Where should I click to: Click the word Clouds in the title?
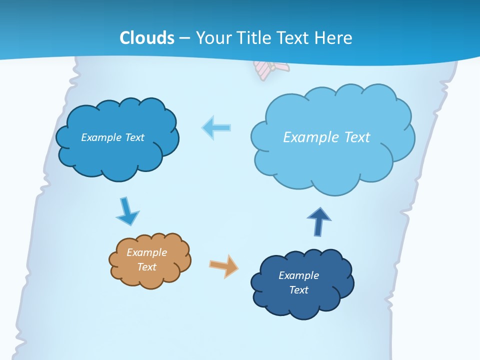click(x=147, y=37)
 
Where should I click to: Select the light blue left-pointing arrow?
click(x=216, y=128)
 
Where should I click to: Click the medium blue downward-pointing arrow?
click(x=127, y=211)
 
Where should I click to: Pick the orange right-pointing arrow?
click(x=224, y=265)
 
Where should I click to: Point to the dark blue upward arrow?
click(x=319, y=221)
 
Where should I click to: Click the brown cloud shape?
click(x=150, y=260)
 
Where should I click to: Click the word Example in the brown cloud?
click(x=146, y=252)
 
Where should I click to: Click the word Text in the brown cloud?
click(x=146, y=267)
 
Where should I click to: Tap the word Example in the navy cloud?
click(x=298, y=275)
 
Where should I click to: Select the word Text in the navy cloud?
click(x=298, y=290)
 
